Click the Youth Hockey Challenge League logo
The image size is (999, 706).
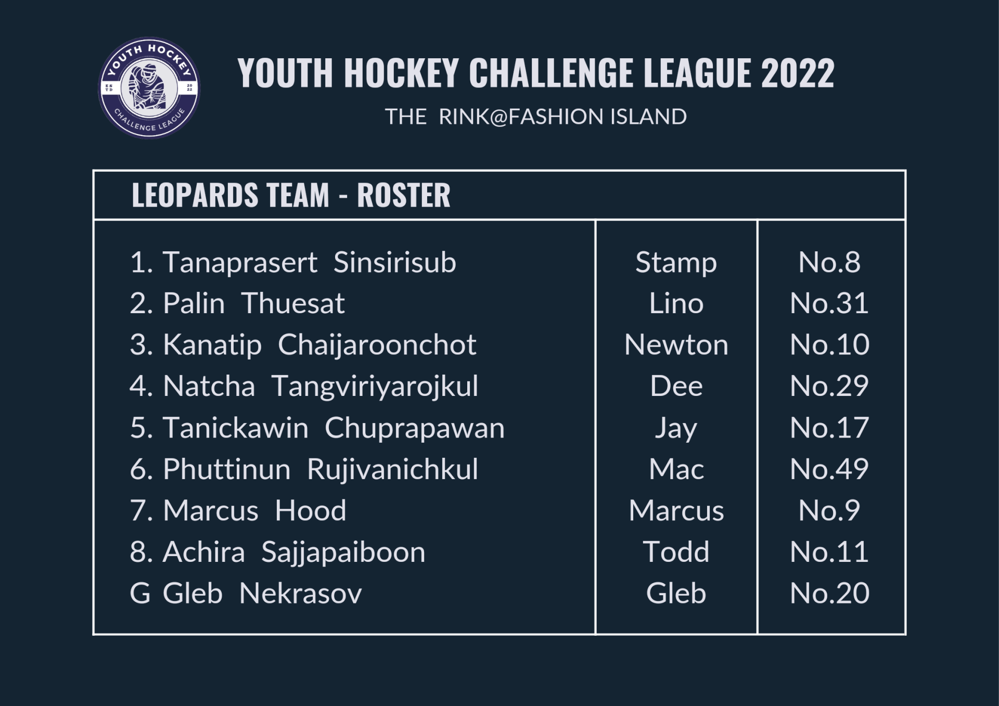pyautogui.click(x=149, y=88)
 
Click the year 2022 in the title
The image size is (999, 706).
pyautogui.click(x=798, y=73)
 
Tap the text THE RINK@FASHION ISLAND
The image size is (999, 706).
pyautogui.click(x=536, y=117)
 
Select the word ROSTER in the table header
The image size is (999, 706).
pyautogui.click(x=403, y=195)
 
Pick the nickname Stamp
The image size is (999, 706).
pyautogui.click(x=676, y=263)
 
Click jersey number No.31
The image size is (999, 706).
pyautogui.click(x=829, y=303)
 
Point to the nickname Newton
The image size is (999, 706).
pyautogui.click(x=676, y=345)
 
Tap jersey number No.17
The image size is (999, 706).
pyautogui.click(x=829, y=428)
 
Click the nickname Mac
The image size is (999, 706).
pyautogui.click(x=676, y=469)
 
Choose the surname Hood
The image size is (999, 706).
pyautogui.click(x=311, y=510)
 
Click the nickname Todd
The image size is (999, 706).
pyautogui.click(x=676, y=552)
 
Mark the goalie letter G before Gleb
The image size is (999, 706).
pyautogui.click(x=140, y=594)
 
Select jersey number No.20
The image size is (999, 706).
pyautogui.click(x=829, y=594)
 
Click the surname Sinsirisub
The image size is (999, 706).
pyautogui.click(x=395, y=262)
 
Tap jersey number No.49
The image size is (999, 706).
pyautogui.click(x=829, y=469)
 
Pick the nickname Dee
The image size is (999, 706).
pyautogui.click(x=676, y=387)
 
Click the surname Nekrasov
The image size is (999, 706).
pyautogui.click(x=300, y=594)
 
